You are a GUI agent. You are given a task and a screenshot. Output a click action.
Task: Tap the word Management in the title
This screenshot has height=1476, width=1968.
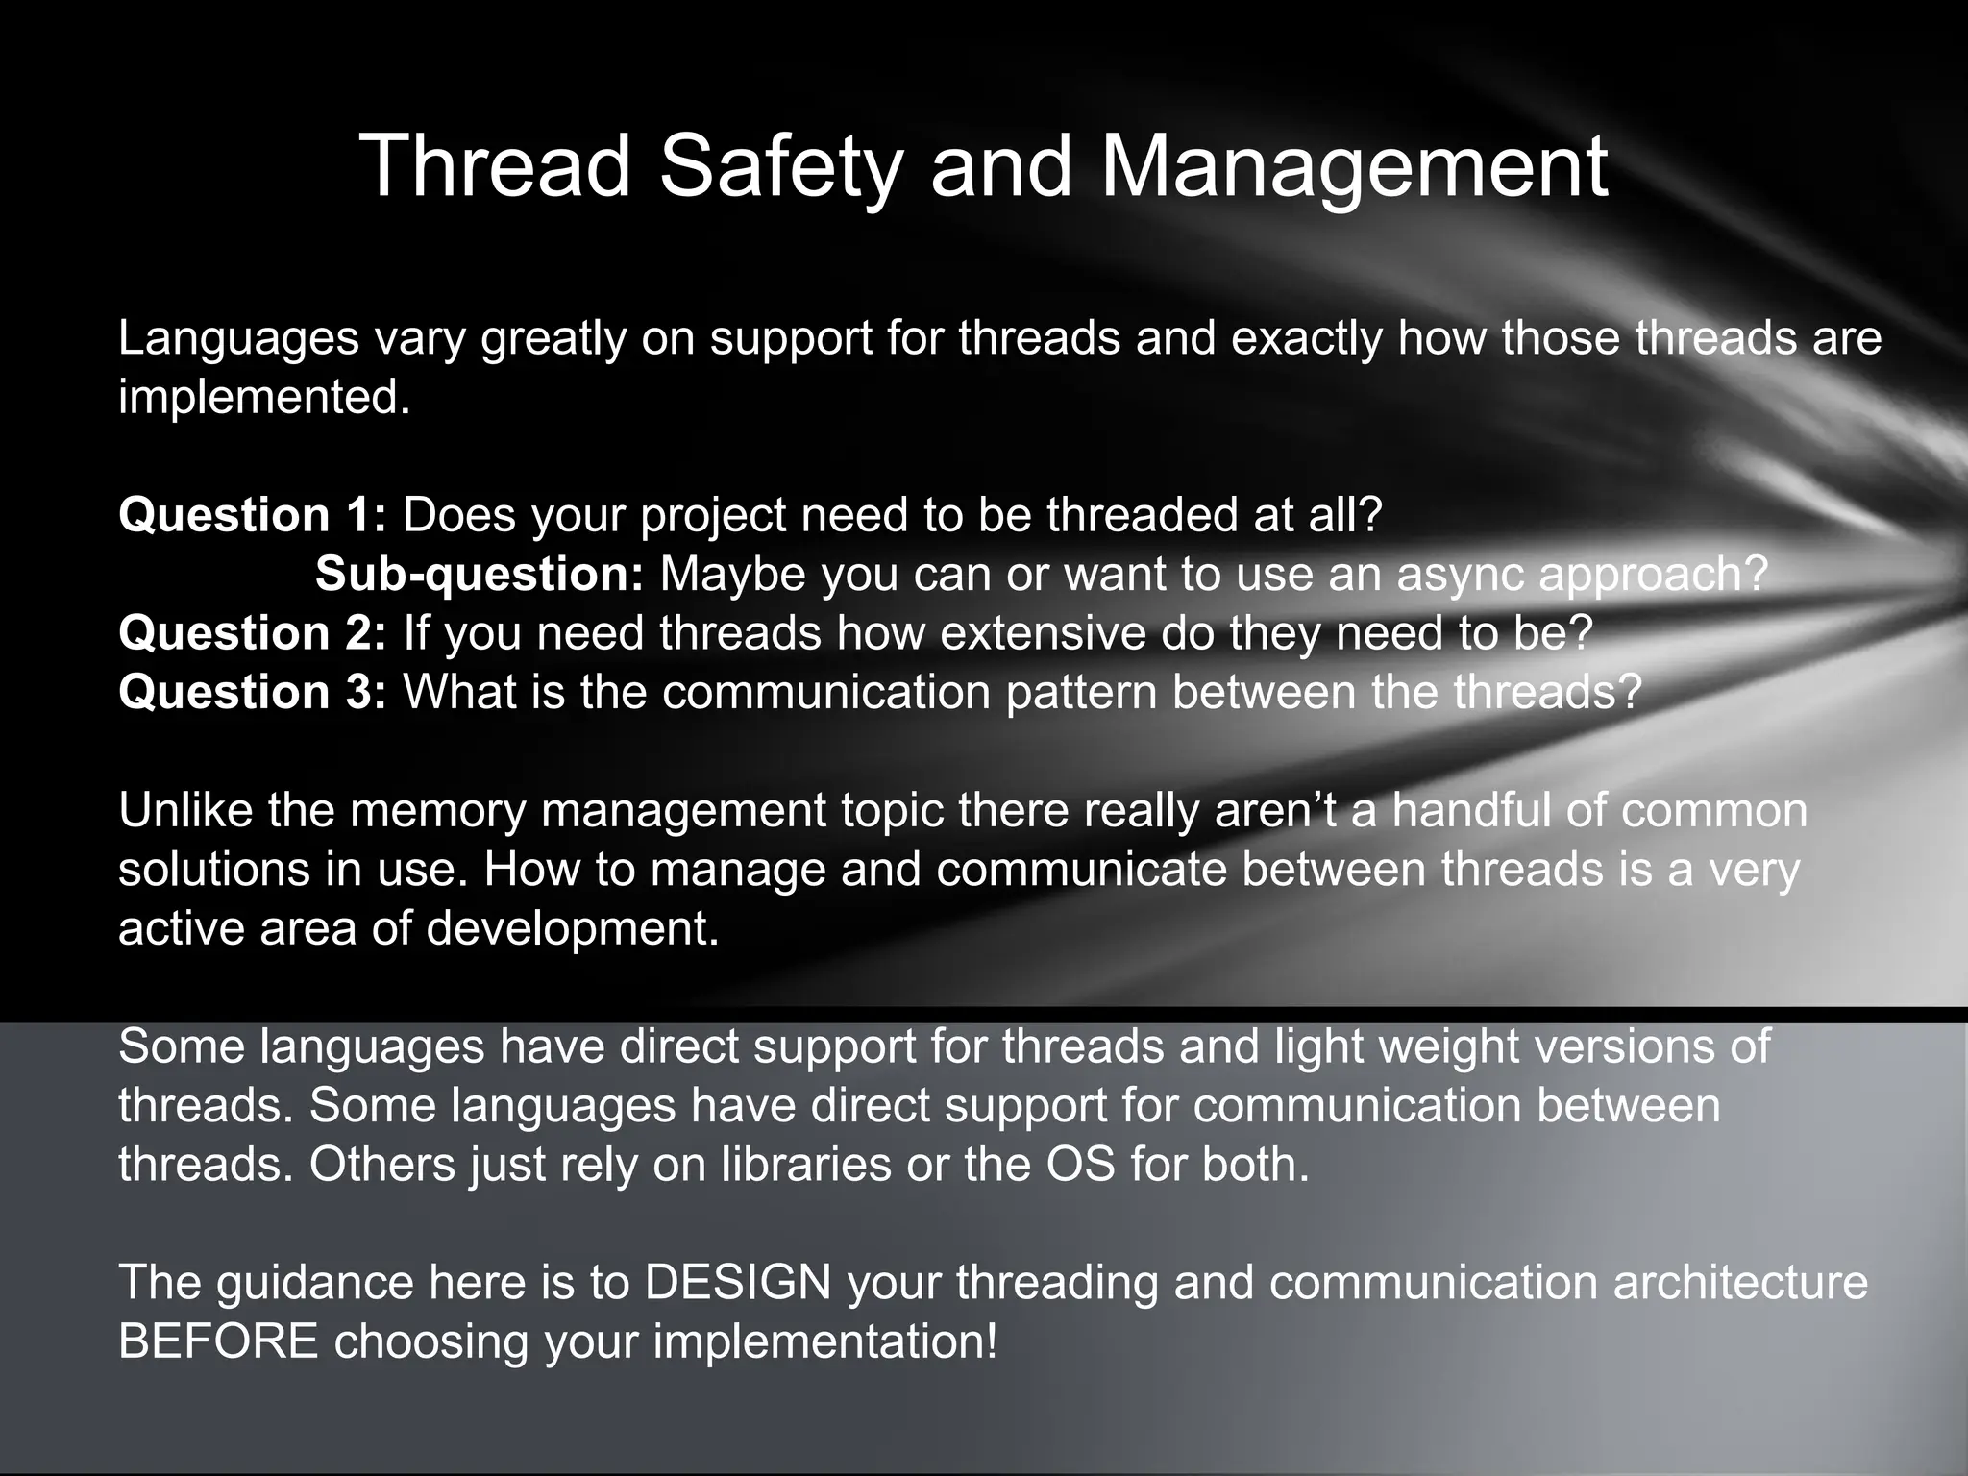1354,166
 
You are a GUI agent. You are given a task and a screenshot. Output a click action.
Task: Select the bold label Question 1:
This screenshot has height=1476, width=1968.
252,515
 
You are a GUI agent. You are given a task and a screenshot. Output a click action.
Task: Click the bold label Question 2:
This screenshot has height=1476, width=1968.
252,633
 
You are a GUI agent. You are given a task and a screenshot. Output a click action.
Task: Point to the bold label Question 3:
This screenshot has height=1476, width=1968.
252,692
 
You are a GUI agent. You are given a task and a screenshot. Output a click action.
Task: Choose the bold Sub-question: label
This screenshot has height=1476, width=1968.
479,574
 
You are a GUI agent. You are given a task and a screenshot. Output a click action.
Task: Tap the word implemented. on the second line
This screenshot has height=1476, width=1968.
264,397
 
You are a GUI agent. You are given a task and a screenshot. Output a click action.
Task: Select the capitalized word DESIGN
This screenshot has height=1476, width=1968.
738,1282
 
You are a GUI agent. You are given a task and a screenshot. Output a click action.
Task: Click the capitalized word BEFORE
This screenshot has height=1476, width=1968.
218,1341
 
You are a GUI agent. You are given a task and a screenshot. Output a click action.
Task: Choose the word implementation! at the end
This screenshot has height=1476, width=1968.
825,1341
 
